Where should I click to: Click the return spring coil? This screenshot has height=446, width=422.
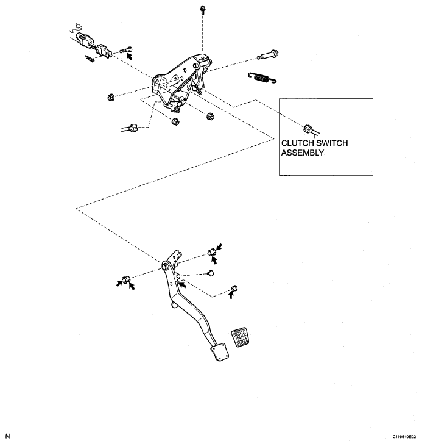pos(262,76)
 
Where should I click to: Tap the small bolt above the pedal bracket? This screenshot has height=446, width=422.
pos(202,10)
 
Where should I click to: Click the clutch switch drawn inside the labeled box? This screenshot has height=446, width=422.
pos(308,129)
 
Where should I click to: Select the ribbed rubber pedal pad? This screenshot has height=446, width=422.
pos(240,338)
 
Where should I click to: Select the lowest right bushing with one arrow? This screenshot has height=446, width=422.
pos(234,287)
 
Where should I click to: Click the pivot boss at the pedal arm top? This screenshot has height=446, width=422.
pos(166,266)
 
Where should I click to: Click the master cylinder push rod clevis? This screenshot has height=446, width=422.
pos(97,44)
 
